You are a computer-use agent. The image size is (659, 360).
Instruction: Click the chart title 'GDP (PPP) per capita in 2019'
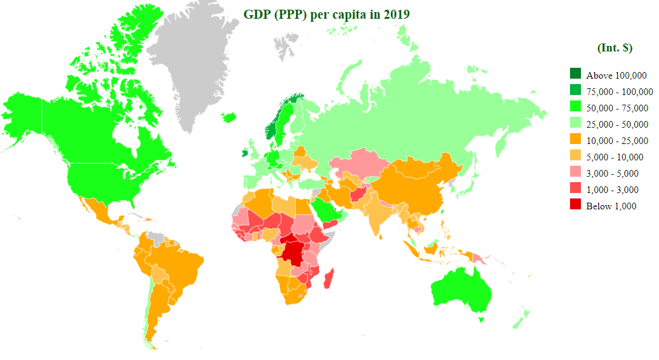coord(327,15)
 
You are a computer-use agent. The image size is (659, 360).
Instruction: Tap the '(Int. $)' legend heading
coord(614,48)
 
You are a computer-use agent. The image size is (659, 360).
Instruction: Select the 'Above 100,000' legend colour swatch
coord(575,74)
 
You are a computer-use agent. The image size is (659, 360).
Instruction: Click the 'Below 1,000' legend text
coord(611,206)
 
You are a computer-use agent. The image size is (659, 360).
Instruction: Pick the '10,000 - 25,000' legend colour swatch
coord(575,140)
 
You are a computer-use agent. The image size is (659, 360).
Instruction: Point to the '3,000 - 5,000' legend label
coord(612,173)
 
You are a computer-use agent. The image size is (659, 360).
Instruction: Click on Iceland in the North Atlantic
coord(230,117)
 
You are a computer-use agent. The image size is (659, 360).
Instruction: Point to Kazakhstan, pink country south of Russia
coord(357,162)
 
